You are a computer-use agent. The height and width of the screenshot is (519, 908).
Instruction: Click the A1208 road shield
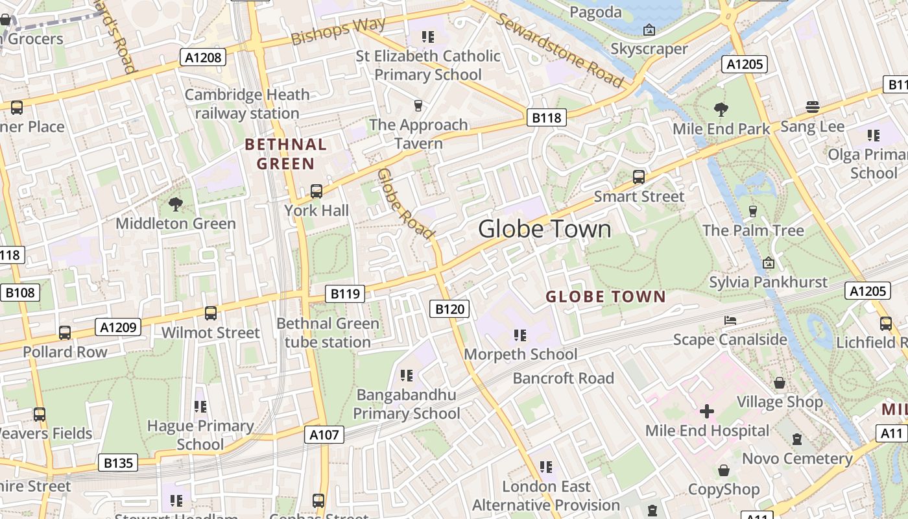(x=203, y=58)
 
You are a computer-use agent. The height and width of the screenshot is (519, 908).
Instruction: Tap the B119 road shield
(x=345, y=294)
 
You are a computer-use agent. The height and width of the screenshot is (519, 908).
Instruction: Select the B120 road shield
(x=449, y=309)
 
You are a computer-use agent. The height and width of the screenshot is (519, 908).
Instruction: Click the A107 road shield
(x=324, y=435)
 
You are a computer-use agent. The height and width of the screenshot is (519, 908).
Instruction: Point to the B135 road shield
(x=118, y=463)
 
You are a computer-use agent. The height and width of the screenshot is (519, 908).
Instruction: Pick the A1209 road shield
(x=118, y=327)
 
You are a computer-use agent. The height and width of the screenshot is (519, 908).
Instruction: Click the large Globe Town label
(x=545, y=229)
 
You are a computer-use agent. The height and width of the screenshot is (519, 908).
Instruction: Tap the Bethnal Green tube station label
(x=328, y=333)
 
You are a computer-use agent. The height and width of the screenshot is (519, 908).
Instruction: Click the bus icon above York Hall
(x=317, y=191)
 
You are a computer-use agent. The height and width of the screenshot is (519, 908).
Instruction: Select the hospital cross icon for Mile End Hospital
(x=707, y=411)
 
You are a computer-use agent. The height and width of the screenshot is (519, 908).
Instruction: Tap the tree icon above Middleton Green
(x=175, y=204)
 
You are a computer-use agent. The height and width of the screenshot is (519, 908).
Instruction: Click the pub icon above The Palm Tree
(x=753, y=211)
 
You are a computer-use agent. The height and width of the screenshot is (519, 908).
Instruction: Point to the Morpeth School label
(x=520, y=354)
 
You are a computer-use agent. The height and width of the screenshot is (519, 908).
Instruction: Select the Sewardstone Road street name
(x=560, y=50)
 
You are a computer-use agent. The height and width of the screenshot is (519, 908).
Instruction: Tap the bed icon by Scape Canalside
(x=730, y=320)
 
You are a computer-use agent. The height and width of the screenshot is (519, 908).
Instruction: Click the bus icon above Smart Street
(x=639, y=176)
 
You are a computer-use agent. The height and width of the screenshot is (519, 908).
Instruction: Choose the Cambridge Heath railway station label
(x=247, y=104)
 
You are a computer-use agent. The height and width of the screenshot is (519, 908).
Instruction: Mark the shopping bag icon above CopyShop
(x=724, y=470)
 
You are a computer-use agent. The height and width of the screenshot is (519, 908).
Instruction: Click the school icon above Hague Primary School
(x=200, y=407)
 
